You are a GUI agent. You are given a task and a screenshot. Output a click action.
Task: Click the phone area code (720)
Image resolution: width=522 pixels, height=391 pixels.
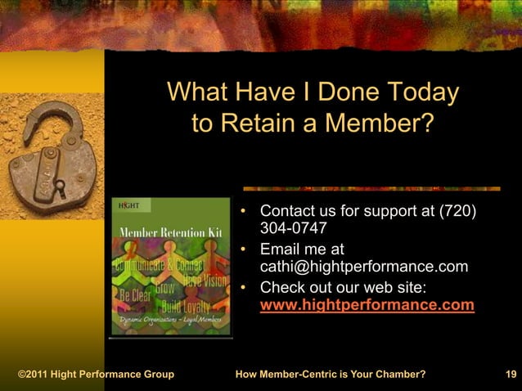pyautogui.click(x=458, y=211)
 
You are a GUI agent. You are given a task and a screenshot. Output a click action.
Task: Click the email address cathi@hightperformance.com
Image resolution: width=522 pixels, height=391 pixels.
pyautogui.click(x=364, y=267)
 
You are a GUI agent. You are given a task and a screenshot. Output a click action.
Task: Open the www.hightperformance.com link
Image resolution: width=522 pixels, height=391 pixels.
pyautogui.click(x=367, y=306)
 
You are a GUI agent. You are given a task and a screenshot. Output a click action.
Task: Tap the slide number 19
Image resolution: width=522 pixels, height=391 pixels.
pyautogui.click(x=511, y=375)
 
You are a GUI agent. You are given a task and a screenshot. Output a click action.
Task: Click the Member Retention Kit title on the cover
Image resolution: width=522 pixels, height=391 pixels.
pyautogui.click(x=172, y=232)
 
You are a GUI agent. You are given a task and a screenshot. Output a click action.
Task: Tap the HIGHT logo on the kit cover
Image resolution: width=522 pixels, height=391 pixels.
pyautogui.click(x=129, y=204)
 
